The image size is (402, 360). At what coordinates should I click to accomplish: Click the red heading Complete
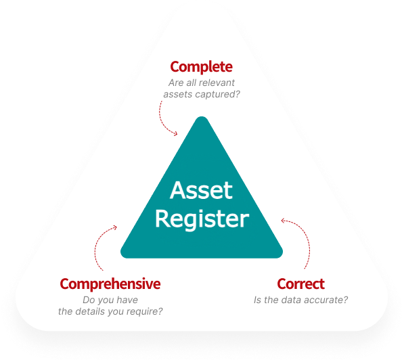[201, 67]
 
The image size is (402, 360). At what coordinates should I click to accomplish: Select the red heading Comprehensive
[110, 284]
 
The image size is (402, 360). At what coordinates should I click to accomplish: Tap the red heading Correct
[300, 284]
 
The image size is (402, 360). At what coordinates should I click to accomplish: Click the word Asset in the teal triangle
[201, 190]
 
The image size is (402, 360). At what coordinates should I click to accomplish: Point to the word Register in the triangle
[202, 219]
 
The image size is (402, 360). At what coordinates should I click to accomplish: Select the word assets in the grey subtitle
[178, 95]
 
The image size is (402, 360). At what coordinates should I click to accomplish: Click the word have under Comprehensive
[128, 300]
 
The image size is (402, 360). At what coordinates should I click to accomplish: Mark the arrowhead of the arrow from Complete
[175, 133]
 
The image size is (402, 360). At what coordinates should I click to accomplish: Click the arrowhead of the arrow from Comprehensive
[115, 227]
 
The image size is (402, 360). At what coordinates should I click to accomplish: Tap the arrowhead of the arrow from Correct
[283, 221]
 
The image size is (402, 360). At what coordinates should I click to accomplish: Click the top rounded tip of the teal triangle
[202, 118]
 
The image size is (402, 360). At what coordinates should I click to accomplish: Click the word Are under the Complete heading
[175, 83]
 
